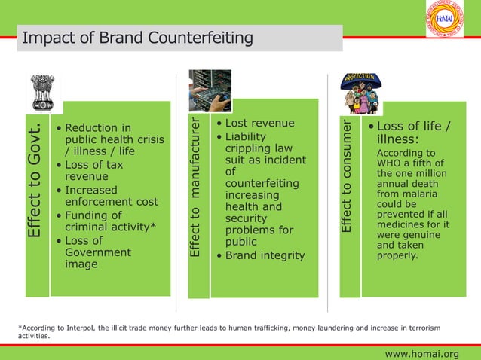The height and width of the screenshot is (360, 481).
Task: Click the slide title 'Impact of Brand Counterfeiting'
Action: pos(137,38)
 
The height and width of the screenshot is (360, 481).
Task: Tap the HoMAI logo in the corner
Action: pos(445,19)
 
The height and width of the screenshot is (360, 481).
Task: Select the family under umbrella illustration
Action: pos(361,93)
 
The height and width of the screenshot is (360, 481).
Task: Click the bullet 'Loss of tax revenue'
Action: pos(93,170)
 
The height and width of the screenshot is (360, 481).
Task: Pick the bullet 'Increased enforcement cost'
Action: pos(111,196)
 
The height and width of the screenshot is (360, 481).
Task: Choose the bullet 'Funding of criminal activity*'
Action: pos(110,221)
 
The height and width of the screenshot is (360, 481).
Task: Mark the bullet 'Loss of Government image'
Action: pos(97,252)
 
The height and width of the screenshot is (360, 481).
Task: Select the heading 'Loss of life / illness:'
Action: pos(412,133)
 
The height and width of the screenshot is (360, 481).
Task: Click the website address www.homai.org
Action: pos(421,354)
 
